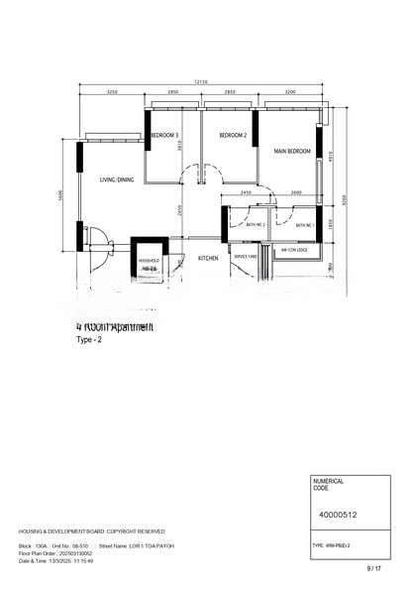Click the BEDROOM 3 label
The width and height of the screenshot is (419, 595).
coord(164,135)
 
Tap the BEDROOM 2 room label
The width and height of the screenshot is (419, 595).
coord(233,135)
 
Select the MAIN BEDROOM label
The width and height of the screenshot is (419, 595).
coord(292,152)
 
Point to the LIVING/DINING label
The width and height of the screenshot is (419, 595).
coord(116,179)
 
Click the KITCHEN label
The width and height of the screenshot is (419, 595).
coord(208,258)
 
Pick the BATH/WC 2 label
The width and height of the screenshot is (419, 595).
coord(257,225)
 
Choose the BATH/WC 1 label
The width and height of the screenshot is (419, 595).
coord(304,225)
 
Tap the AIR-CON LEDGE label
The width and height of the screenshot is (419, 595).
coord(293,250)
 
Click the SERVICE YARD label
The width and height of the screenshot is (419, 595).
coord(245,256)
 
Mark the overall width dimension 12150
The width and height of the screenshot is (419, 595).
coord(201,81)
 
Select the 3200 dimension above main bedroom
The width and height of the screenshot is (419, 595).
coord(289,92)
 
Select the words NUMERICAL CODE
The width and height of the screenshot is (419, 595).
coord(328,484)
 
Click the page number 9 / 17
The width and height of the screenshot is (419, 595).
coord(373,568)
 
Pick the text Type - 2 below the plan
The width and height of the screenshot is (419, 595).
coord(89,339)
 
